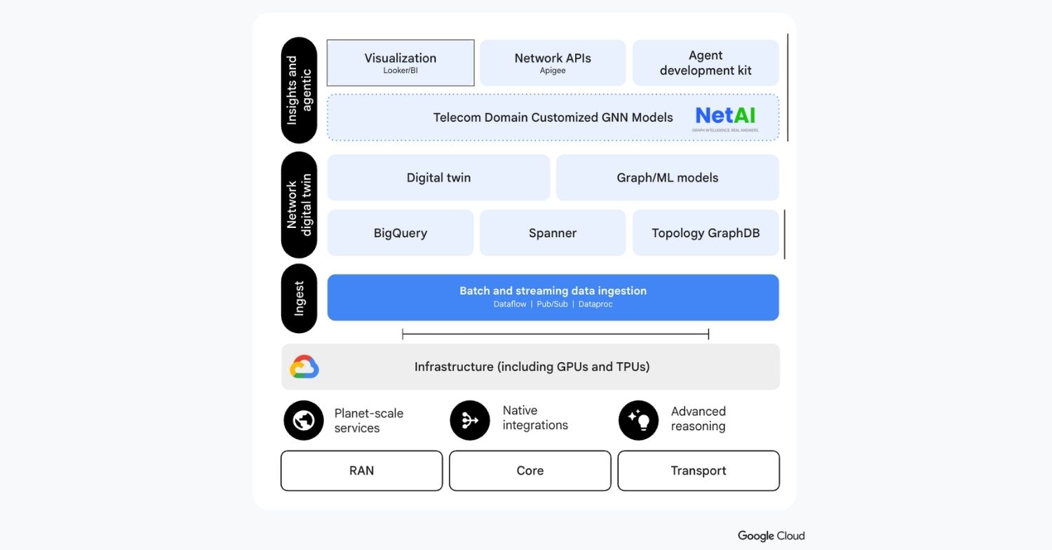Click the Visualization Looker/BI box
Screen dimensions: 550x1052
click(x=400, y=63)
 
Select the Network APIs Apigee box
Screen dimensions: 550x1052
click(x=553, y=63)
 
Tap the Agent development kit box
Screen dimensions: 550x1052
click(x=706, y=63)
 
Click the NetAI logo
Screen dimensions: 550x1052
click(x=726, y=117)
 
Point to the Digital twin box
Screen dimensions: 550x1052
click(x=438, y=177)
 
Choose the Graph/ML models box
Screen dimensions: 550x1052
click(x=667, y=177)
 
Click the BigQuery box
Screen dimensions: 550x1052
click(x=400, y=233)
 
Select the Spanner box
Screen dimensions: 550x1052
click(x=553, y=233)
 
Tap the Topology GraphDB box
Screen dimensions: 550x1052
click(x=706, y=233)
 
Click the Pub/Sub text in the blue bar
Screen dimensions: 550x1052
click(x=552, y=304)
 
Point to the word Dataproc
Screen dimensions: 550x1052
click(x=595, y=304)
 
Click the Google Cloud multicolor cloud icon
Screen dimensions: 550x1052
click(x=304, y=367)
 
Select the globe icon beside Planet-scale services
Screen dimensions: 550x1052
click(x=303, y=420)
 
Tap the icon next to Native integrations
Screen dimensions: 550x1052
click(x=470, y=420)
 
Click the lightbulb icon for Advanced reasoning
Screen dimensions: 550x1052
click(x=638, y=420)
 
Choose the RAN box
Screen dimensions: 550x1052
click(x=361, y=471)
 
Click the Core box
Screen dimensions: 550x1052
click(x=530, y=471)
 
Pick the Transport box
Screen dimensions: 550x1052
click(x=699, y=471)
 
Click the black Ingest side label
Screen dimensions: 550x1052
click(x=299, y=298)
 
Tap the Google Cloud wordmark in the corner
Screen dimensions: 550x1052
click(x=771, y=536)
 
